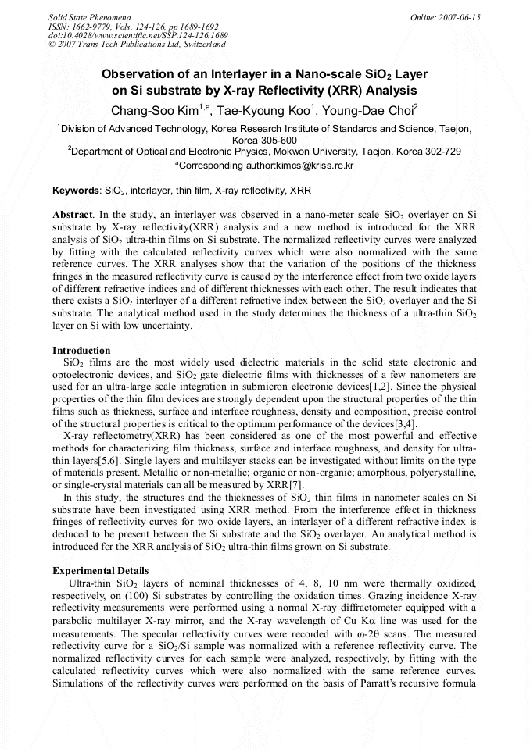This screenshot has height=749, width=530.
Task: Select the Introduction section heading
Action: tap(81, 350)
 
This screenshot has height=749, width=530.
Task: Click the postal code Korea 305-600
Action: tap(265, 141)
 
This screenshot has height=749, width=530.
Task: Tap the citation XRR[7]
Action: tap(270, 485)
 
